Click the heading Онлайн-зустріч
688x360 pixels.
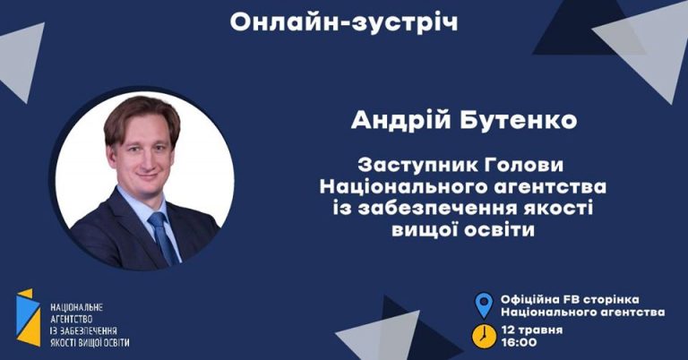(344, 22)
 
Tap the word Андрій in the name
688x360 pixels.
(401, 120)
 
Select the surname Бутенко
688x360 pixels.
(518, 120)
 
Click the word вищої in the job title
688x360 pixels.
(425, 230)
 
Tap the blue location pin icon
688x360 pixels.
(484, 305)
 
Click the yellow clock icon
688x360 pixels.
(484, 337)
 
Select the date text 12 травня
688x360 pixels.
(532, 330)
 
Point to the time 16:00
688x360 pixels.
(519, 342)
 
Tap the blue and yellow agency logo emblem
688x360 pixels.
(29, 318)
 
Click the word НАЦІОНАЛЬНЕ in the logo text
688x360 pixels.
(76, 307)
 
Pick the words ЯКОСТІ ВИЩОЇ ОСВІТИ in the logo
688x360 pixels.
(90, 342)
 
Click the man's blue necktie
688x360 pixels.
(164, 237)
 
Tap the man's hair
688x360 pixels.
(142, 116)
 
